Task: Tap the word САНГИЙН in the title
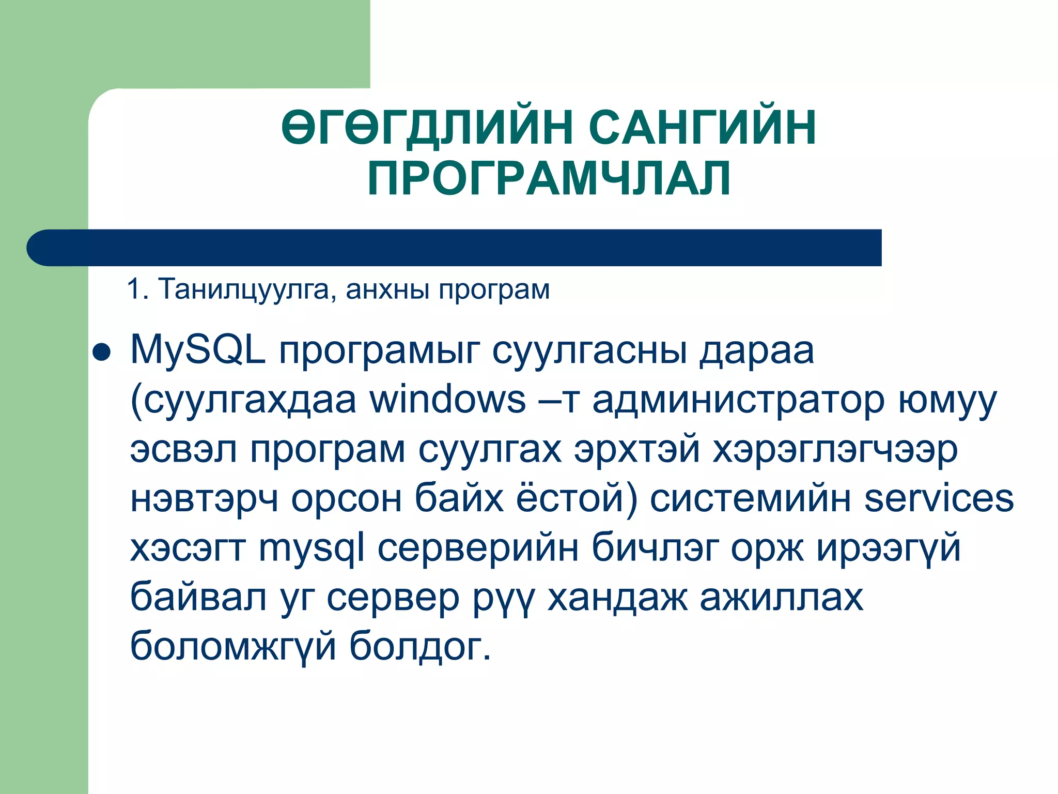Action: pos(702,127)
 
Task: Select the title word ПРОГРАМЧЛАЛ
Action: pos(549,178)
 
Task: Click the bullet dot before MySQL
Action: pos(101,353)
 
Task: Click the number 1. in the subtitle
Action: pos(137,289)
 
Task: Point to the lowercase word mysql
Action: pos(312,549)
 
